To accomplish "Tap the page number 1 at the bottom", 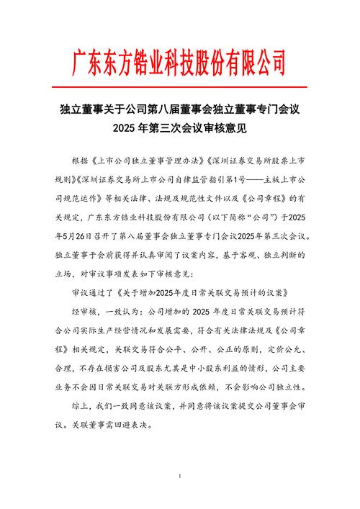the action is coord(179,477).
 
